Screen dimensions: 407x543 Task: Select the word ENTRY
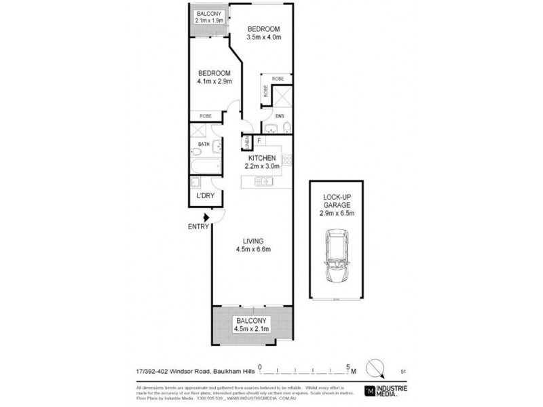click(198, 227)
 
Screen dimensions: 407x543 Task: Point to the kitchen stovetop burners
click(286, 161)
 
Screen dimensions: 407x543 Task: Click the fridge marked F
click(259, 140)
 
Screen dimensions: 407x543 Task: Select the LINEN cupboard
click(247, 142)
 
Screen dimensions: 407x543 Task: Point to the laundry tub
click(195, 182)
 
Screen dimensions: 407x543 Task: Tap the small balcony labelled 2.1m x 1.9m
click(208, 17)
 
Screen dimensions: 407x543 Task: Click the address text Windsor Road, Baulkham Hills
click(203, 370)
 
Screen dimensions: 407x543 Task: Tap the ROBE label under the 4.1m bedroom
click(205, 116)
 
